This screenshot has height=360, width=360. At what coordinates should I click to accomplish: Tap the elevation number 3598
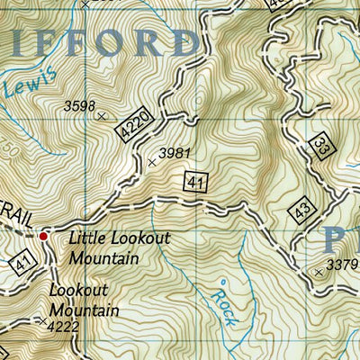tap(79, 106)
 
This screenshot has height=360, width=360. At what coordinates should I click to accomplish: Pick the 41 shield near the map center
tap(195, 182)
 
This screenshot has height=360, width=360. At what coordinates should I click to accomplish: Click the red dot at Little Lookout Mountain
tap(42, 237)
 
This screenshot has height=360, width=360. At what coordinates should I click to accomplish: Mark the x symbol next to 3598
tap(102, 116)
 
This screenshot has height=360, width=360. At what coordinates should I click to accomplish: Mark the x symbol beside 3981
tap(152, 163)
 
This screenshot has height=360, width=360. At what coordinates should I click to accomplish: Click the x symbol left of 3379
tap(319, 271)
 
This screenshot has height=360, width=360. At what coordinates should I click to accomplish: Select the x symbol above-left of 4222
tap(42, 319)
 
